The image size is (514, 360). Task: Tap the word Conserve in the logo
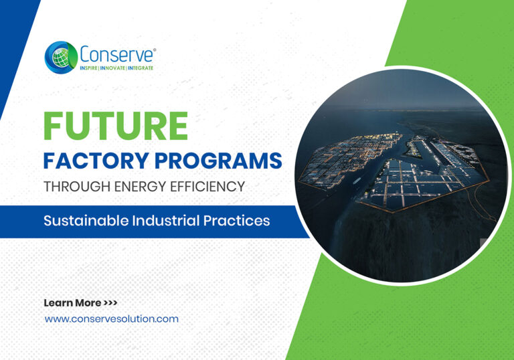[110, 54]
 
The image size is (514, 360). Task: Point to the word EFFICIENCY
[207, 187]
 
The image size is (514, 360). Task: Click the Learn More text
[72, 303]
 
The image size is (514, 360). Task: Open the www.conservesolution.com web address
[111, 319]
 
